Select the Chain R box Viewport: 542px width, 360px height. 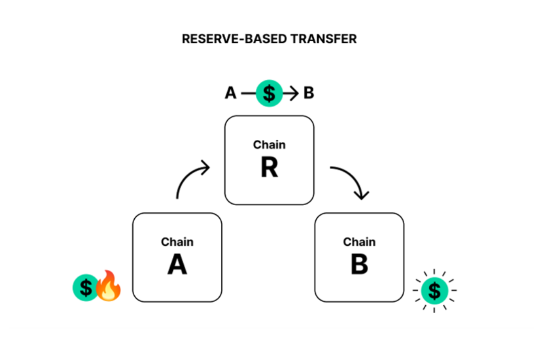269,160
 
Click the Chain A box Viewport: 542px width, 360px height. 177,257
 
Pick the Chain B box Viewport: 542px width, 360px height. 359,257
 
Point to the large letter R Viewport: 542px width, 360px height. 269,167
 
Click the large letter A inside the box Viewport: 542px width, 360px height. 177,264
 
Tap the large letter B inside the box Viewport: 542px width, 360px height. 359,264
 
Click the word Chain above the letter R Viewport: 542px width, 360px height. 269,145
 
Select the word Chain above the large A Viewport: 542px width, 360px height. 177,242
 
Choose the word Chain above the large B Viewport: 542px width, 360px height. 359,242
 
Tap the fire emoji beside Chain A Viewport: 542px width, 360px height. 108,286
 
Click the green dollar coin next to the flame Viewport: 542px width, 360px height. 85,288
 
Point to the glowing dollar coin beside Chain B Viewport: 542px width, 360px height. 434,291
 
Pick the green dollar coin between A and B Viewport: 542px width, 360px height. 269,93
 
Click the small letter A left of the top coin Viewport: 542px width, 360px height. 231,93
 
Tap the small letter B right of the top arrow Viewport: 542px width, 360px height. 309,93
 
